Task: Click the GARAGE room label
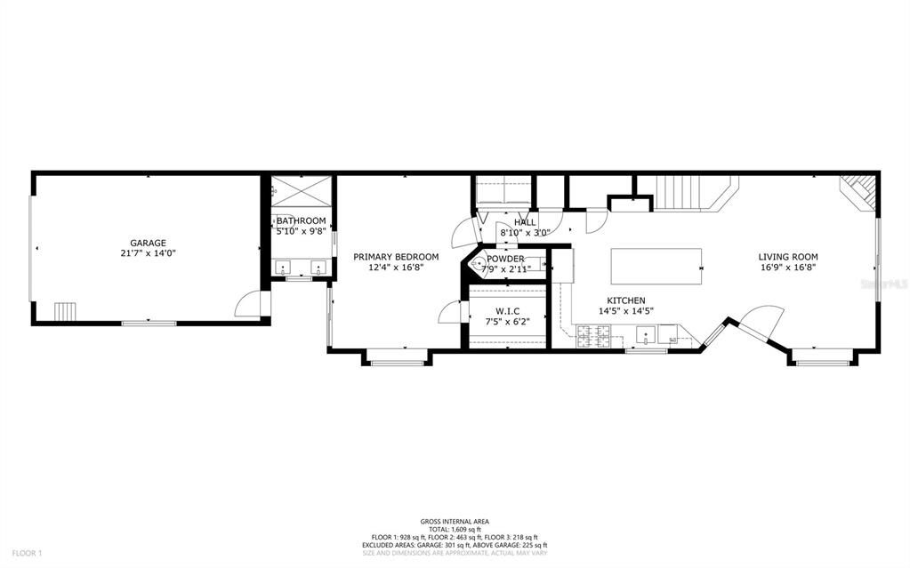tap(148, 243)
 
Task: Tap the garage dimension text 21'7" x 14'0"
tap(148, 253)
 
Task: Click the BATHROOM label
tap(301, 220)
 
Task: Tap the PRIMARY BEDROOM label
tap(396, 257)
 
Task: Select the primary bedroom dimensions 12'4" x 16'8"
tap(396, 268)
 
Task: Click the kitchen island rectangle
tap(656, 263)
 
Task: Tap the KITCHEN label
tap(626, 300)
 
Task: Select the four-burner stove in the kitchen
tap(594, 335)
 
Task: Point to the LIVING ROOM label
tap(788, 257)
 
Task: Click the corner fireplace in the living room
tap(861, 191)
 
